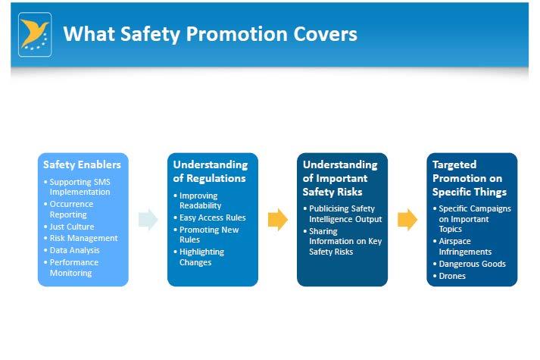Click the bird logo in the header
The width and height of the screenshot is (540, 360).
[x=35, y=34]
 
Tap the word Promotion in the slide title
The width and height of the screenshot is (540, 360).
[x=237, y=34]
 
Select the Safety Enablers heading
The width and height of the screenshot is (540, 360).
[x=82, y=164]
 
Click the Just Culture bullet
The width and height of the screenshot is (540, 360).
[x=72, y=227]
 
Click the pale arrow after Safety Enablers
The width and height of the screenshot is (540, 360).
[x=148, y=220]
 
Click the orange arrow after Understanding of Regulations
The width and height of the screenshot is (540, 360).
[x=278, y=220]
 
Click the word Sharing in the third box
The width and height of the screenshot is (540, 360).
[x=323, y=231]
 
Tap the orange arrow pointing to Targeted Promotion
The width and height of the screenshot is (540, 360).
[x=407, y=220]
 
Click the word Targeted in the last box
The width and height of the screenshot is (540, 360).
[x=454, y=164]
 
